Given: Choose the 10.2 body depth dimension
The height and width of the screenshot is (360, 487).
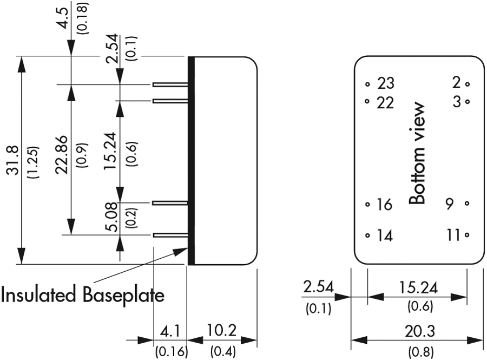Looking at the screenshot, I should [222, 330].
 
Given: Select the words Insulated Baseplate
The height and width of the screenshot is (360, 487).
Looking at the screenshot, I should [82, 296].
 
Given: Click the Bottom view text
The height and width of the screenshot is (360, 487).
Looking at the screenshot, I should [417, 154].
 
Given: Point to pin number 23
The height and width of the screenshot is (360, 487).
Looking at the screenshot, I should [386, 84].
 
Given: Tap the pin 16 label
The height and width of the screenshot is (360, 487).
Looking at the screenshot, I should [384, 205].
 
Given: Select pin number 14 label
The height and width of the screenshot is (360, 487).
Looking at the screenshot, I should [384, 235].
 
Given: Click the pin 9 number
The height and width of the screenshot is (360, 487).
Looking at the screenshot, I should [450, 204].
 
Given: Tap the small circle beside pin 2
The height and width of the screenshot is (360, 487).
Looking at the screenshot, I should [467, 84].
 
